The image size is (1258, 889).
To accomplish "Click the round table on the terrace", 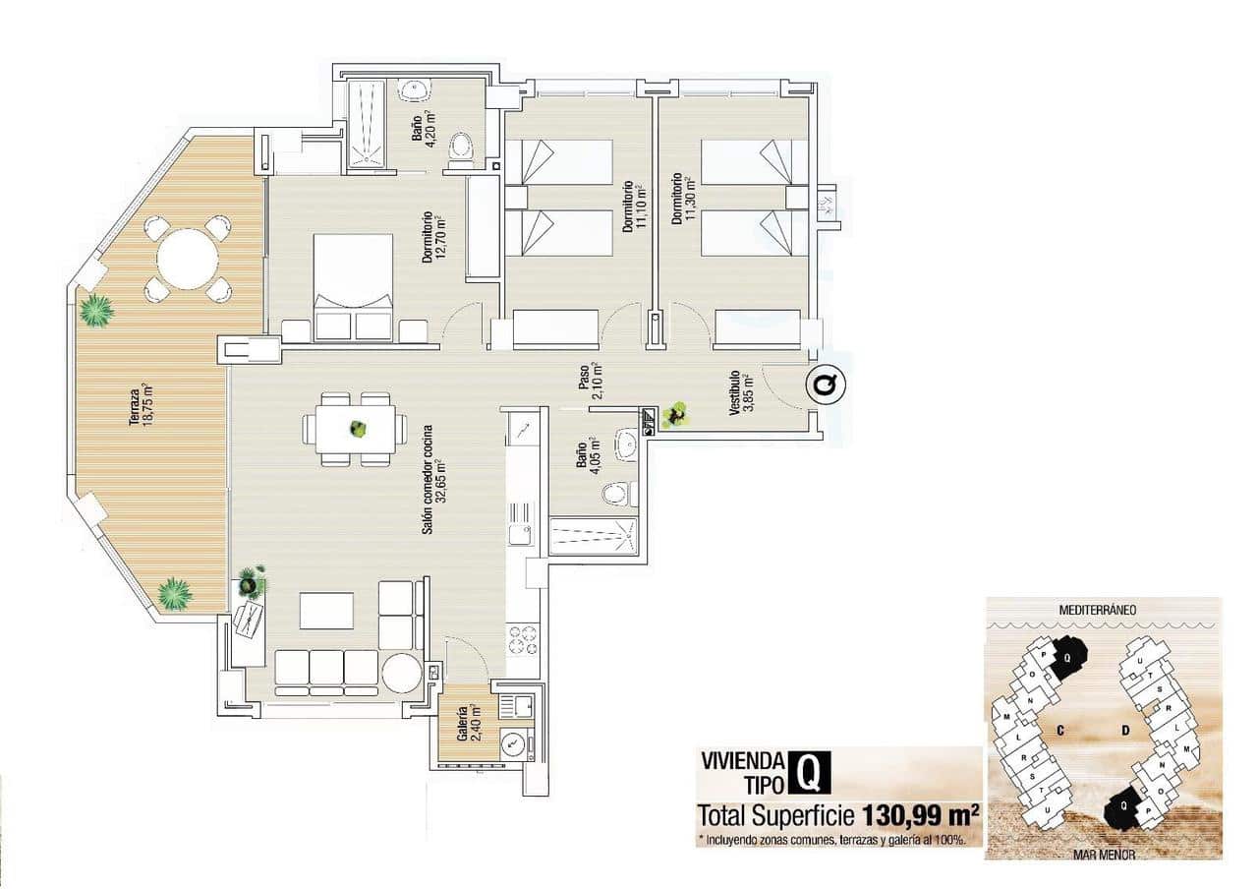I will (188, 259).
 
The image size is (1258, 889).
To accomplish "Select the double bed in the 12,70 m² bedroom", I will (354, 287).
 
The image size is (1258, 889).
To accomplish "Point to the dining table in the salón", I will (356, 430).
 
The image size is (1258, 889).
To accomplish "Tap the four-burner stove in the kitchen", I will (524, 639).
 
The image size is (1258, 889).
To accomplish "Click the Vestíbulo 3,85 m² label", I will (739, 393).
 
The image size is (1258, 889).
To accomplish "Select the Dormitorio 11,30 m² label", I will (683, 200).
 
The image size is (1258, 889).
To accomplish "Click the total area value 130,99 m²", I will (920, 815).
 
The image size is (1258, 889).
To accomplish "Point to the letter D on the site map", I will (1124, 730).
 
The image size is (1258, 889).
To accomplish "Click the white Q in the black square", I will (808, 773).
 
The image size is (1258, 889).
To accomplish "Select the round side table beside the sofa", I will (401, 674).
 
